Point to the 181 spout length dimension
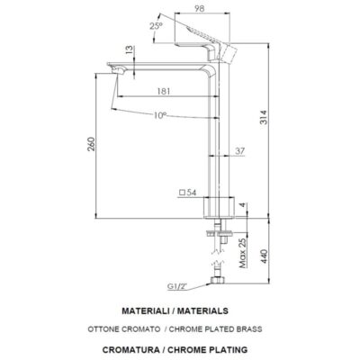pos(165,91)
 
